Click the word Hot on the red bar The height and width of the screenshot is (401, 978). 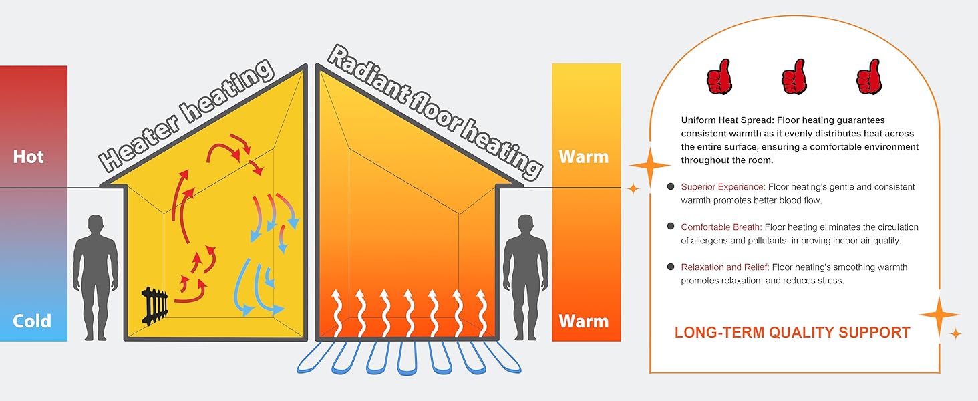28,157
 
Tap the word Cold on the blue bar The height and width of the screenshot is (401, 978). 31,321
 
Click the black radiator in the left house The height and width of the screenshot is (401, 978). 155,306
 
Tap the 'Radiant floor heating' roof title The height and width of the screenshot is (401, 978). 434,112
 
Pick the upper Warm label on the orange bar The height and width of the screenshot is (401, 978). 583,157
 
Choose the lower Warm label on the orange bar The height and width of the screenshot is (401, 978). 583,321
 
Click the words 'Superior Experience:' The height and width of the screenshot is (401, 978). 723,187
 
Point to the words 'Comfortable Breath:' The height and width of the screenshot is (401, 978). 721,227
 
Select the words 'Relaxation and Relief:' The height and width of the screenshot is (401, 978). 725,267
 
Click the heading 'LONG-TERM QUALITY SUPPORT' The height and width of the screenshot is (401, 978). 792,332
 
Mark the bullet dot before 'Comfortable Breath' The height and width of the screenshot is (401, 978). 670,227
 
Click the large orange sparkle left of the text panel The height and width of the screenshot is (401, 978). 649,165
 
